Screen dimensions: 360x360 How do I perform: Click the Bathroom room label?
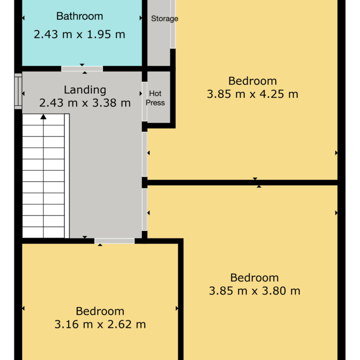79,16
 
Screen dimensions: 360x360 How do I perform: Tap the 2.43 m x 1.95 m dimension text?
79,35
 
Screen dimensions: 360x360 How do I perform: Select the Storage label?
165,18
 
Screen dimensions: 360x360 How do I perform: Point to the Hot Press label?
155,98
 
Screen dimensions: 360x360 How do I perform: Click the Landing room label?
85,90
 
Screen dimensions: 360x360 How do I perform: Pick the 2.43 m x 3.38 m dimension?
85,102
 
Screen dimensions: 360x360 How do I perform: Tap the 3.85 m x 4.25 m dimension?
252,94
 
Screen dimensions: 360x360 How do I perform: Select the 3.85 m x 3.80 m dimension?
255,291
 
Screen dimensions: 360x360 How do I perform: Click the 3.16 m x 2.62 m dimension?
100,324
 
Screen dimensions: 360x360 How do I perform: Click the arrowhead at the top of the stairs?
43,117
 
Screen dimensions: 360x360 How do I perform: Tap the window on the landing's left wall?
18,91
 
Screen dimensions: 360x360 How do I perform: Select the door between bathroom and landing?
82,69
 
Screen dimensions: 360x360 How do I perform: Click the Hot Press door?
144,102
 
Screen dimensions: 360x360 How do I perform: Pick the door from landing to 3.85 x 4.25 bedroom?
144,154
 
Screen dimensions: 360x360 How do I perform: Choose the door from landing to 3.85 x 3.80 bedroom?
144,210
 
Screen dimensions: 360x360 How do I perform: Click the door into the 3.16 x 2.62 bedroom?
114,241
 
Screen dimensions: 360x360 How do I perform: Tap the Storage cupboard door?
173,24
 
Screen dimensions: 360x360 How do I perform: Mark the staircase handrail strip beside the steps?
67,176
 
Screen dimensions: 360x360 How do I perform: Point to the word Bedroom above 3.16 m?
100,312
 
